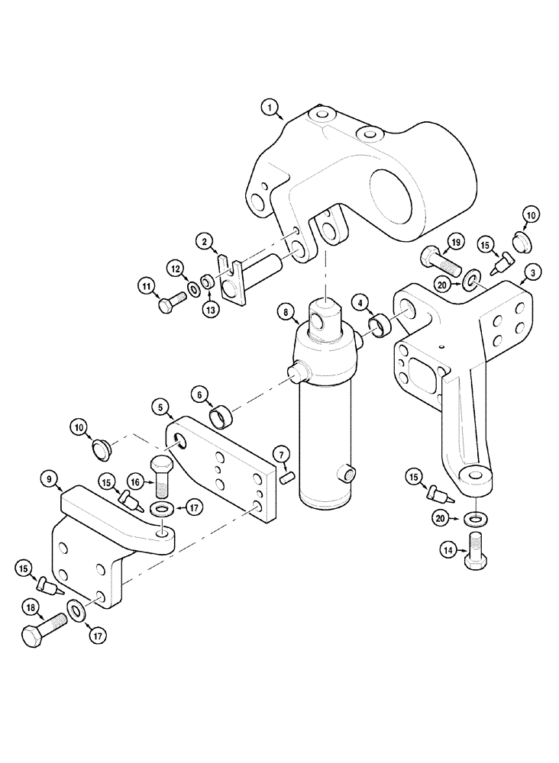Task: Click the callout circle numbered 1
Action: [x=270, y=108]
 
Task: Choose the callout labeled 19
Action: [x=456, y=243]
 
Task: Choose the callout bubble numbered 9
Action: [x=50, y=479]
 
